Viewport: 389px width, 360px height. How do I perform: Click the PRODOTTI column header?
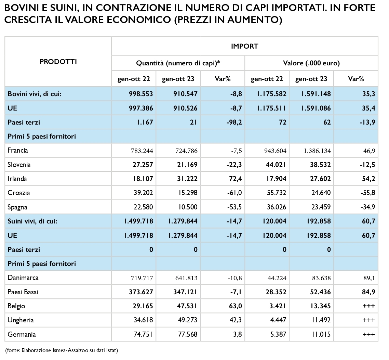click(58, 62)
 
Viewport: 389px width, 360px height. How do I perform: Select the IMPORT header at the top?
click(244, 46)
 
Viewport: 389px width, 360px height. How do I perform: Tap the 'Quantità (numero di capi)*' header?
click(178, 63)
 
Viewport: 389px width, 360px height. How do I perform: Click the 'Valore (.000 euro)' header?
click(311, 63)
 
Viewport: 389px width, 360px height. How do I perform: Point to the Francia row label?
click(18, 151)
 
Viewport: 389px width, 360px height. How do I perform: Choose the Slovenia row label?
click(19, 165)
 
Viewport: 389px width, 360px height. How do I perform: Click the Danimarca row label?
click(22, 278)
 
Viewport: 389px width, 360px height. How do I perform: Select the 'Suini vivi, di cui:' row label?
click(32, 221)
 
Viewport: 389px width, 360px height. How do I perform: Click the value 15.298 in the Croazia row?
click(186, 193)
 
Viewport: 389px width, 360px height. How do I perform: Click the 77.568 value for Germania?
click(186, 334)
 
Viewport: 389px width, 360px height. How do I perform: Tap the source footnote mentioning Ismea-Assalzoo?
click(62, 350)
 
